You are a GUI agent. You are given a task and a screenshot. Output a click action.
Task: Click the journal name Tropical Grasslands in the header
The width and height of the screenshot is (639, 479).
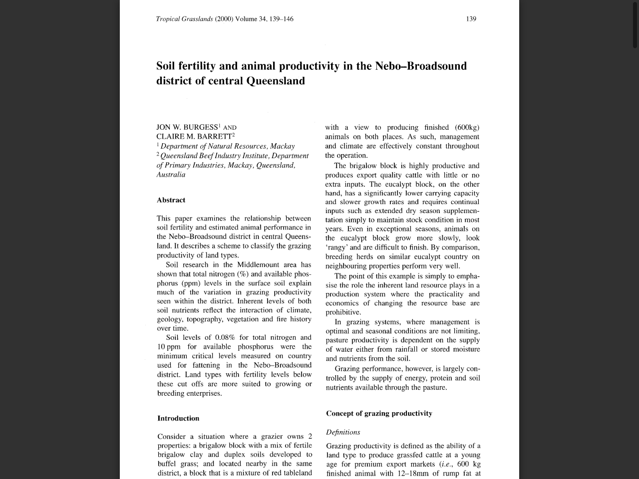[x=184, y=19]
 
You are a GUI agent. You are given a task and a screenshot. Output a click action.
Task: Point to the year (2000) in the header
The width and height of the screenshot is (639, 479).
[x=224, y=19]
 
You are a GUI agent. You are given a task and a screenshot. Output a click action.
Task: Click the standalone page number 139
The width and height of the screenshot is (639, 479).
[x=471, y=19]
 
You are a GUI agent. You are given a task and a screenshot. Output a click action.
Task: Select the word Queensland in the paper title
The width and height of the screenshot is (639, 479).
[x=276, y=81]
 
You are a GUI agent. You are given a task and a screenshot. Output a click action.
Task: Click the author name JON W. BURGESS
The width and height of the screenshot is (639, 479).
[x=187, y=127]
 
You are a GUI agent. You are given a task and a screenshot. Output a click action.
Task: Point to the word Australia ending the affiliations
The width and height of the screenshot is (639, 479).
[x=171, y=175]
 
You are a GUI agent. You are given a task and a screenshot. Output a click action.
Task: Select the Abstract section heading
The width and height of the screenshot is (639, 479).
[x=171, y=200]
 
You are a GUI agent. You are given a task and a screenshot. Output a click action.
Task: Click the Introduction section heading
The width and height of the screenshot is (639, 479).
[x=178, y=418]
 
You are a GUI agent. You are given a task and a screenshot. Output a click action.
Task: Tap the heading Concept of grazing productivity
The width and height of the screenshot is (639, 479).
[x=379, y=413]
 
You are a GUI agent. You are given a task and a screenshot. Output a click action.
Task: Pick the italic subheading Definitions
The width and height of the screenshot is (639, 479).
[x=343, y=432]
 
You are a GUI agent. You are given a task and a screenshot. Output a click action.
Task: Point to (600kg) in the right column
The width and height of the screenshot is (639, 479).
[x=467, y=127]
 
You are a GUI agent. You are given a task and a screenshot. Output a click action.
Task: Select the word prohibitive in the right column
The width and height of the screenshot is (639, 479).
[x=343, y=312]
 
